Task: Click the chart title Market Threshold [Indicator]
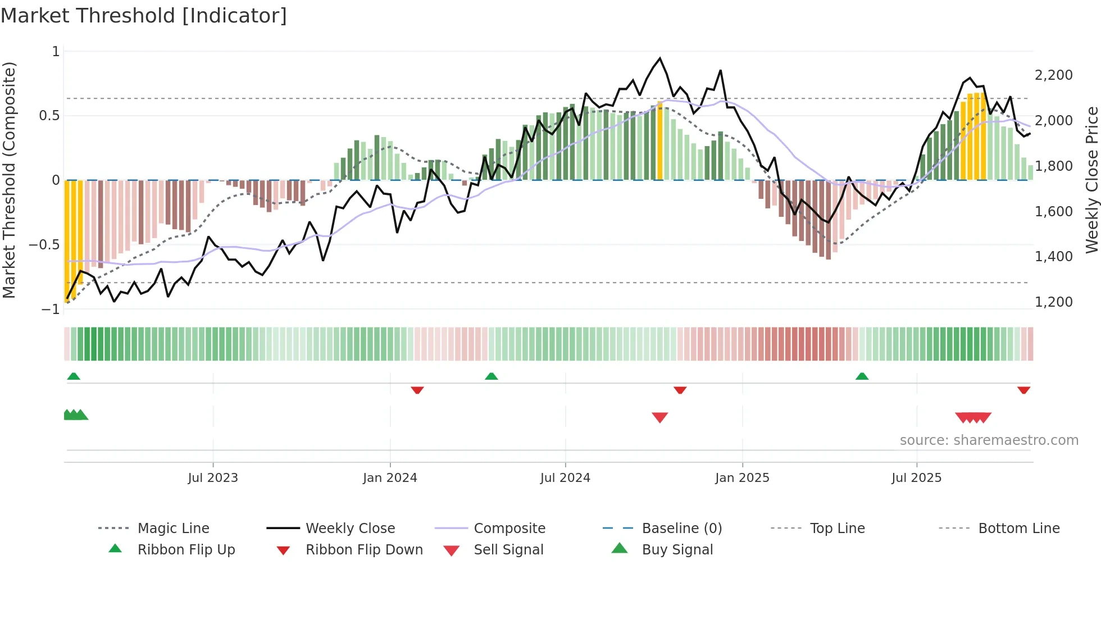pos(144,16)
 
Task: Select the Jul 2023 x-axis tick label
pos(213,478)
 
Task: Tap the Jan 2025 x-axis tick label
pos(742,478)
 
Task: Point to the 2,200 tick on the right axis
pos(1053,75)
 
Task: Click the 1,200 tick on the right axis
pos(1053,302)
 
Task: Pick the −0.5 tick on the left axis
pos(44,245)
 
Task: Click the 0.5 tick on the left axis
pos(49,116)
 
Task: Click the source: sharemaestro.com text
pos(989,440)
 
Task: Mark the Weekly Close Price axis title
pos(1091,180)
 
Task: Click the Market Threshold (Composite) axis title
pos(9,180)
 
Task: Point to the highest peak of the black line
pos(660,58)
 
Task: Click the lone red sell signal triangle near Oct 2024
pos(660,417)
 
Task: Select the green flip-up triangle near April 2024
pos(492,376)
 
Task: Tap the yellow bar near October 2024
pos(660,140)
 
